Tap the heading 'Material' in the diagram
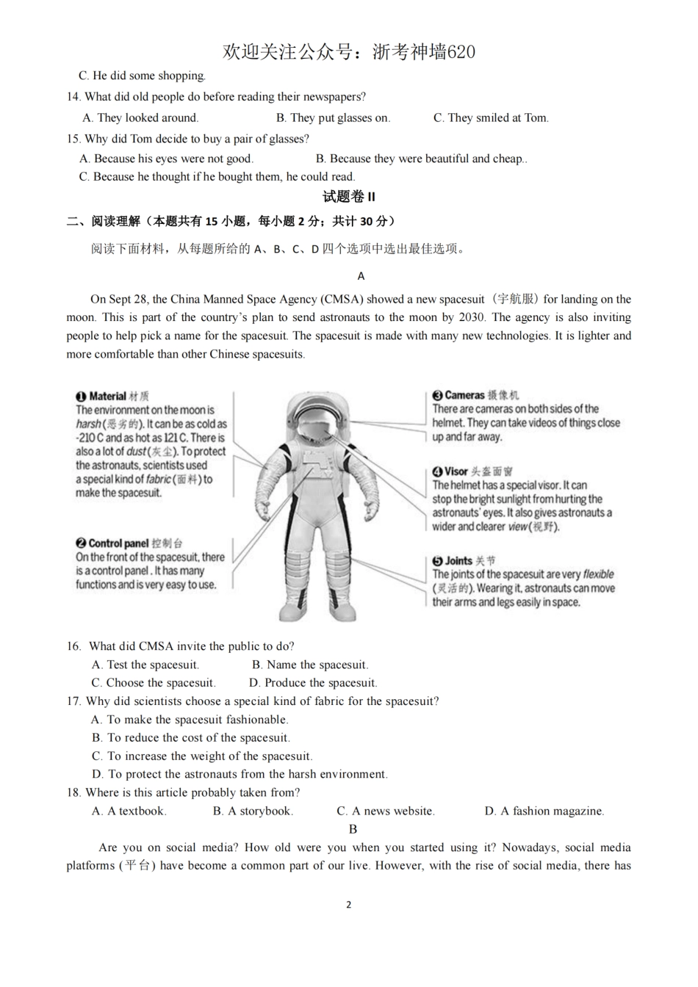(x=108, y=397)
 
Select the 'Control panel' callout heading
(x=118, y=543)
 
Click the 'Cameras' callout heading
(x=464, y=395)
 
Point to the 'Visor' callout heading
(x=456, y=471)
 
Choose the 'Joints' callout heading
(x=458, y=560)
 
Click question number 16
(x=73, y=646)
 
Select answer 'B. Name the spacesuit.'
(x=309, y=665)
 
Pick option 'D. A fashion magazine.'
(x=544, y=811)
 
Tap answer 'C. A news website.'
(x=386, y=811)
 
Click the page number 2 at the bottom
(x=348, y=904)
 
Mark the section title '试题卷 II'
(x=348, y=197)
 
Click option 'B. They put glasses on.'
(x=333, y=117)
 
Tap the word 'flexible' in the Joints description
(x=598, y=574)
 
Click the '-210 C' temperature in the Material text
(x=91, y=438)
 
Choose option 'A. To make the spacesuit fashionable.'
(x=190, y=720)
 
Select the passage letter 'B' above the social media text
(x=353, y=829)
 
